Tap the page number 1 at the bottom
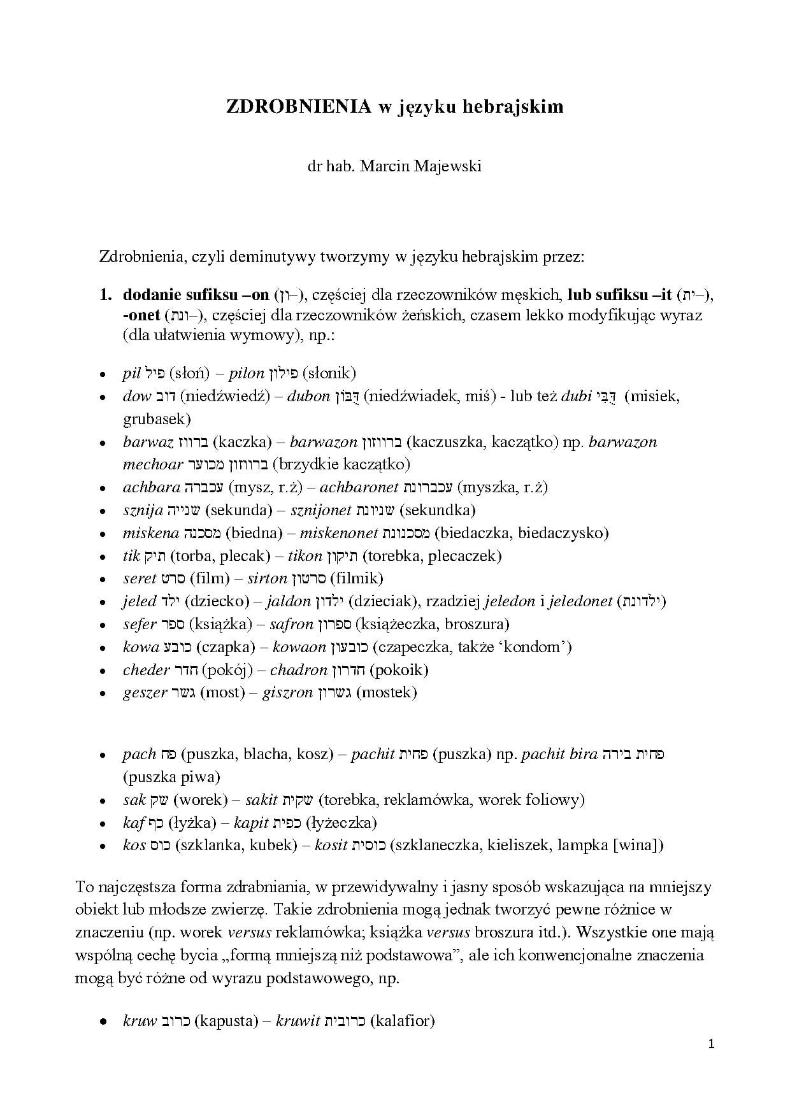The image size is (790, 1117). (712, 1044)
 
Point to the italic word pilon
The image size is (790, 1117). (246, 373)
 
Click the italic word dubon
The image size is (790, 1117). (308, 396)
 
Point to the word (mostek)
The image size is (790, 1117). (387, 692)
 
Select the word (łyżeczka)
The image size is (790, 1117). (341, 823)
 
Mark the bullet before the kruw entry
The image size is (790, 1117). (103, 1022)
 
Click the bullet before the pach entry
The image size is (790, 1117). (103, 755)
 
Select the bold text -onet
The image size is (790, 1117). (141, 315)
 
